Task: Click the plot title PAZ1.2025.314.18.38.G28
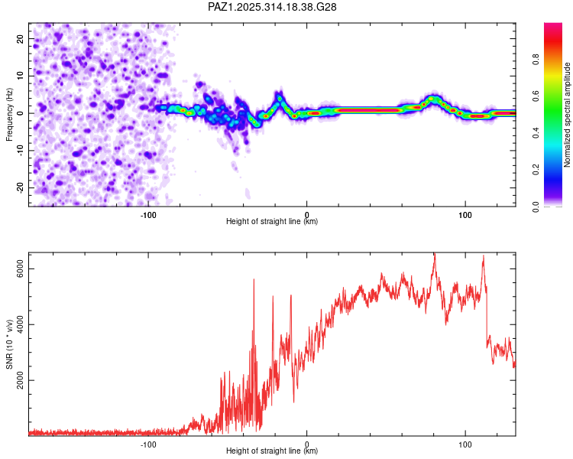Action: (x=273, y=7)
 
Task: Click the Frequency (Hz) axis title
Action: (x=9, y=115)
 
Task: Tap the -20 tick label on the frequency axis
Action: (x=21, y=187)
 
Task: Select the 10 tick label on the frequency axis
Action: (x=21, y=76)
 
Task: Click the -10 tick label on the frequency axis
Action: (x=21, y=151)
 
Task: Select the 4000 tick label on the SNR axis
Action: (x=21, y=324)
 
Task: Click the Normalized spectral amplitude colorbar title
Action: (x=568, y=115)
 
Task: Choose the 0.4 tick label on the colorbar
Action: (x=537, y=132)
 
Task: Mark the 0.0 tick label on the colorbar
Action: (x=537, y=206)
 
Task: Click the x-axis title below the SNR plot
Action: (x=272, y=451)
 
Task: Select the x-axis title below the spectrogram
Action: (x=272, y=222)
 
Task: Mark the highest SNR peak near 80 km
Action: (x=434, y=254)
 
